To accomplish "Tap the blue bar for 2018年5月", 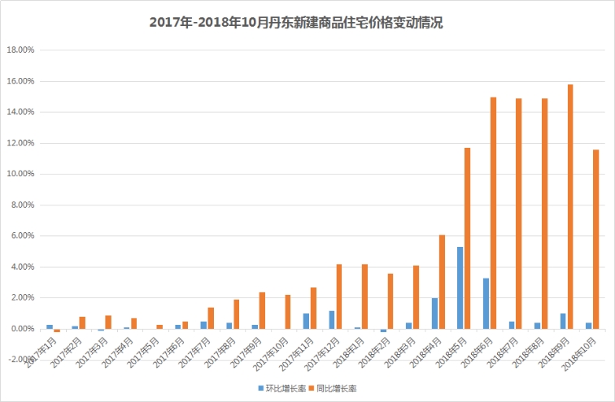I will pos(460,287).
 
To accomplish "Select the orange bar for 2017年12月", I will pos(339,296).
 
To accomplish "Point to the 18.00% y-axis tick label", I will pos(20,50).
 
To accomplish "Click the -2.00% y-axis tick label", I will pos(20,360).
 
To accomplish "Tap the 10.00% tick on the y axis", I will pos(20,174).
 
